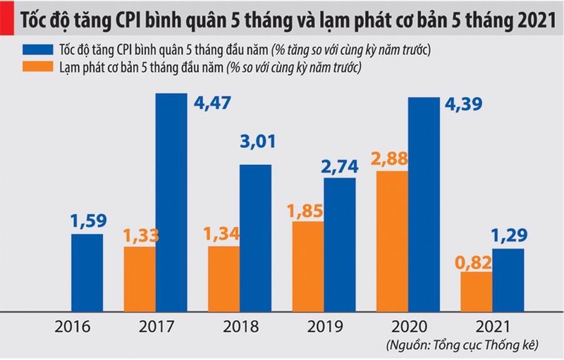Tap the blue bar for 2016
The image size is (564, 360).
(x=87, y=273)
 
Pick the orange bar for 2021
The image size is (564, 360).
(x=476, y=292)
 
